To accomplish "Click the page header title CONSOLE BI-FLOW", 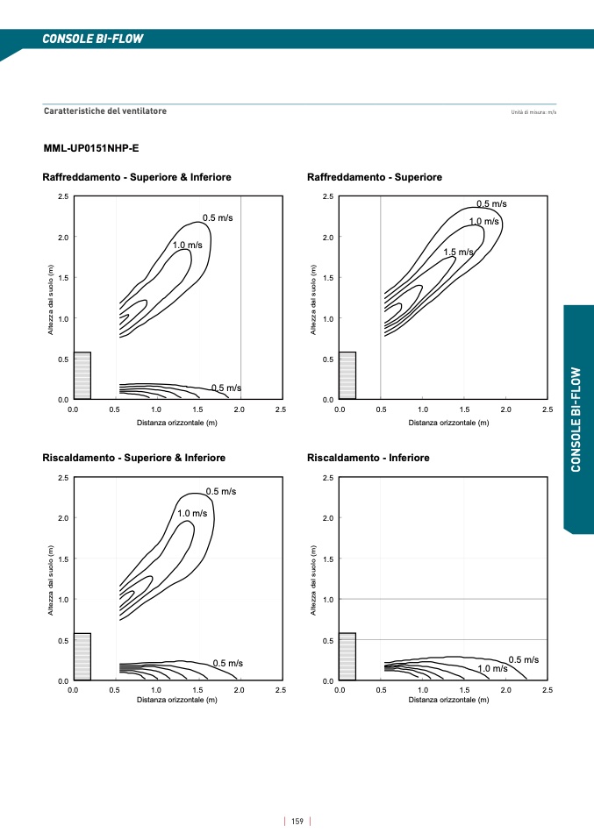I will click(x=92, y=39).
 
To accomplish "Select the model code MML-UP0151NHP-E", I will click(x=90, y=148).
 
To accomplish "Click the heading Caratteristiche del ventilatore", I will click(x=105, y=111).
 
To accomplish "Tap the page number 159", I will click(x=297, y=821).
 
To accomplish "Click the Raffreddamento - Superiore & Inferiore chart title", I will click(x=137, y=177).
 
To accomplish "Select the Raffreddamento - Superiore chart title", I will click(x=375, y=177).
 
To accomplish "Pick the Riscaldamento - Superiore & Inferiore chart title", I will click(x=134, y=458).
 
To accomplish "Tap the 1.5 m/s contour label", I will click(x=458, y=253).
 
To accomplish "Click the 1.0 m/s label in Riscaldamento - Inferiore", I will click(x=492, y=668).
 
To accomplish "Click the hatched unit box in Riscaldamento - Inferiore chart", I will click(x=347, y=657).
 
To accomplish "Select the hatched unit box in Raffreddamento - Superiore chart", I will click(x=347, y=375).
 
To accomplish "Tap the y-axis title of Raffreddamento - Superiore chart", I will click(x=314, y=299).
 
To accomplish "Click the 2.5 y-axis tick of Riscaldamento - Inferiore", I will click(x=327, y=478).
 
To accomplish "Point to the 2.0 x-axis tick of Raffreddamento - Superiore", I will click(x=505, y=409).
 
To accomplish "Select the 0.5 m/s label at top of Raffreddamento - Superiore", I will click(x=491, y=203).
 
